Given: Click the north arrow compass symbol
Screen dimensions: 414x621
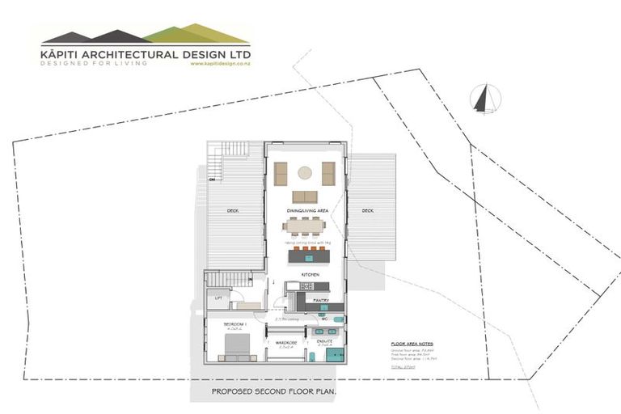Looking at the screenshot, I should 485,99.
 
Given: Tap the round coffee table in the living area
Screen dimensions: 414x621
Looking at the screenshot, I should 305,172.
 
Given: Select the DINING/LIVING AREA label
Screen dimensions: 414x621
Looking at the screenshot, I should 305,210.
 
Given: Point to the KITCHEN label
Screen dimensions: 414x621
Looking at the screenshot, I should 310,275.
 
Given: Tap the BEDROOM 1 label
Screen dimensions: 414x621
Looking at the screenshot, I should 236,323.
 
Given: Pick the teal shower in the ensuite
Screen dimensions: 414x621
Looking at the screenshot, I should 339,355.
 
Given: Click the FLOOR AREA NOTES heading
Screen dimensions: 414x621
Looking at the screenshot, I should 412,344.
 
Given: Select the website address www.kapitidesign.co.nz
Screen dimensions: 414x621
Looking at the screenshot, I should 221,64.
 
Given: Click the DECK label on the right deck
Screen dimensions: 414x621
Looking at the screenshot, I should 368,210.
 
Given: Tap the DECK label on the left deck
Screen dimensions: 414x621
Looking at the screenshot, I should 233,210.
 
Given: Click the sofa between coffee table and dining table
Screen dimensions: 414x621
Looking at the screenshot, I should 305,196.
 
